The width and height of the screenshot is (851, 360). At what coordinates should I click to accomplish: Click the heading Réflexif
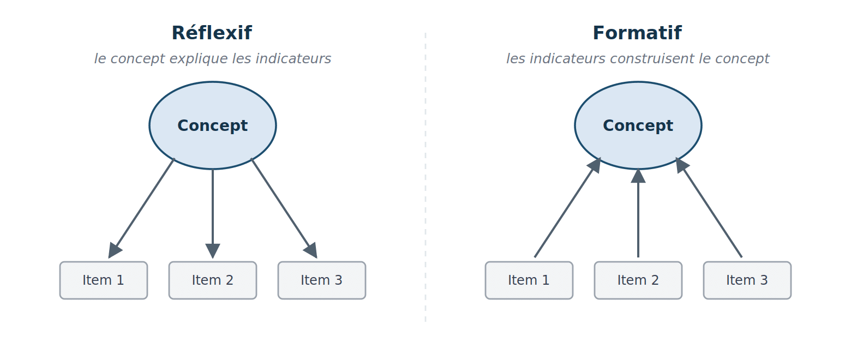coord(212,33)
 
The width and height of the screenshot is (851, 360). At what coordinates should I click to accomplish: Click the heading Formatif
coord(637,33)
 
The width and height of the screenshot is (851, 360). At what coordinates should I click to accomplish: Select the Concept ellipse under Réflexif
coord(213,125)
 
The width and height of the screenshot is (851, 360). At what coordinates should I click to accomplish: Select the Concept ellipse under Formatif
coord(638,125)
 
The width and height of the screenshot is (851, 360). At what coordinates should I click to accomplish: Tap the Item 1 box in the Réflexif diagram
coord(103,280)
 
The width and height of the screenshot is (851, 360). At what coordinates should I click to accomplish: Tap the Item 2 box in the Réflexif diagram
coord(213,280)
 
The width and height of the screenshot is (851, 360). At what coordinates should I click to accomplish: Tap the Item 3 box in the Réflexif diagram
coord(322,280)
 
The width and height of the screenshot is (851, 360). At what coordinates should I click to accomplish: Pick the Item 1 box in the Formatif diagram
coord(529,280)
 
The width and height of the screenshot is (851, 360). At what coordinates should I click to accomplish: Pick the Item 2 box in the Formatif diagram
coord(638,280)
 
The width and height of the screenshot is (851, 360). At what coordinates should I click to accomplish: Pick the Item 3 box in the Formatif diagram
coord(747,280)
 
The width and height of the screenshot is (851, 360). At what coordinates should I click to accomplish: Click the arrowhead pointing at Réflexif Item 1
coord(114,250)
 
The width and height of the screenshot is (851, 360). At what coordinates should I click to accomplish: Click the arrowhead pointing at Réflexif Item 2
coord(213,251)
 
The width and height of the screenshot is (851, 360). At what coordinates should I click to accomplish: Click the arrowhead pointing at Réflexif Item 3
coord(311,250)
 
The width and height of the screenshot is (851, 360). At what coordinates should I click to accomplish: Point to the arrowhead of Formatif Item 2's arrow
coord(638,176)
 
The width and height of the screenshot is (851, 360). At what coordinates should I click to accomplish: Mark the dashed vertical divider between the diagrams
coord(425,177)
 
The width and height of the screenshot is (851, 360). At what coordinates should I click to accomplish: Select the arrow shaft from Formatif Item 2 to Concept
coord(638,220)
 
